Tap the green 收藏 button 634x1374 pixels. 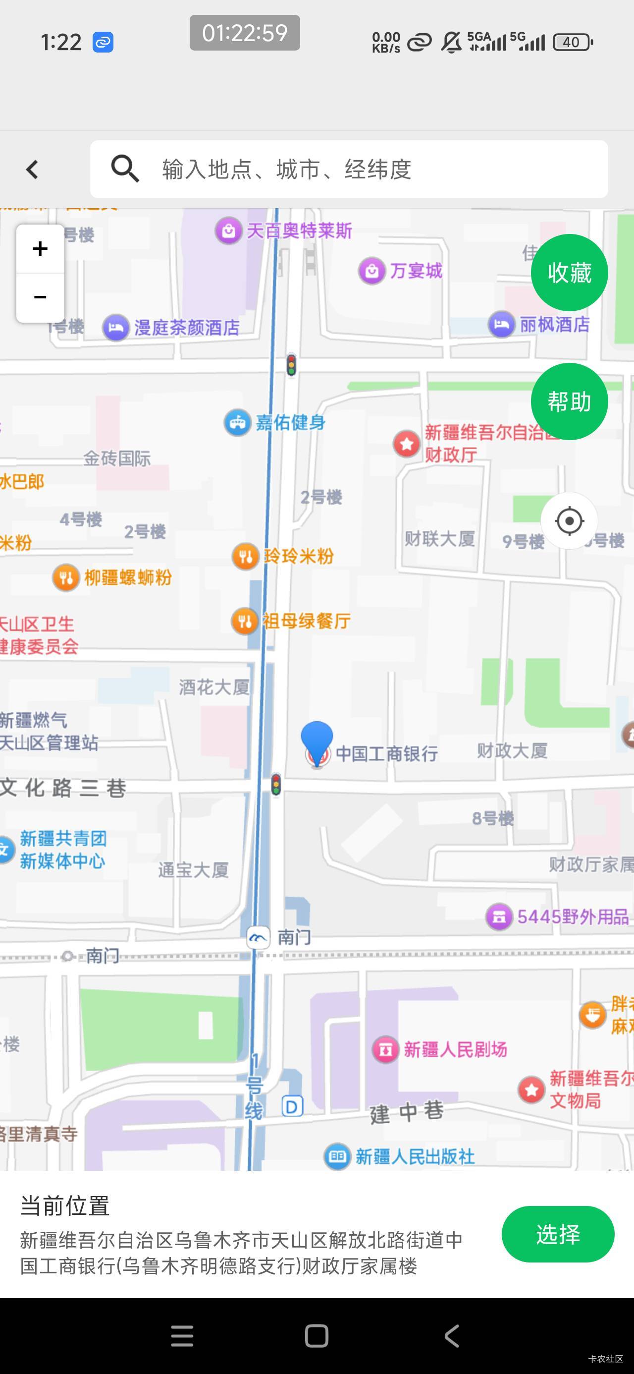(x=569, y=273)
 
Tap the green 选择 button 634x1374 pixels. (x=557, y=1234)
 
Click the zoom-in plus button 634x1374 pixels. (x=41, y=248)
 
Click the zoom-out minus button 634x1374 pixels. (x=41, y=297)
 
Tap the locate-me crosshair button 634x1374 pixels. (x=569, y=520)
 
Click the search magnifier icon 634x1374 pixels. (x=125, y=169)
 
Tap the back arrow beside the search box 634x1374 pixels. (x=33, y=170)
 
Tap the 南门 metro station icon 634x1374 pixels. (x=258, y=937)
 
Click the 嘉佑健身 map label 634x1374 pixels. (x=290, y=422)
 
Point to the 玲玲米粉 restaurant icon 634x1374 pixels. (x=245, y=556)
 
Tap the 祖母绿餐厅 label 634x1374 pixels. (x=307, y=621)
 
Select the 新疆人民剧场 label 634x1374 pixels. (x=455, y=1049)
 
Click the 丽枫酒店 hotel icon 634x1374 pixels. (x=501, y=324)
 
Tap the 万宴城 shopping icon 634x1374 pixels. (x=371, y=271)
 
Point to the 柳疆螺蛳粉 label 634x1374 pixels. (x=128, y=577)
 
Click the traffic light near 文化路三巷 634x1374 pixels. (x=276, y=785)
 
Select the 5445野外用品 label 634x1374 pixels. (x=573, y=917)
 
